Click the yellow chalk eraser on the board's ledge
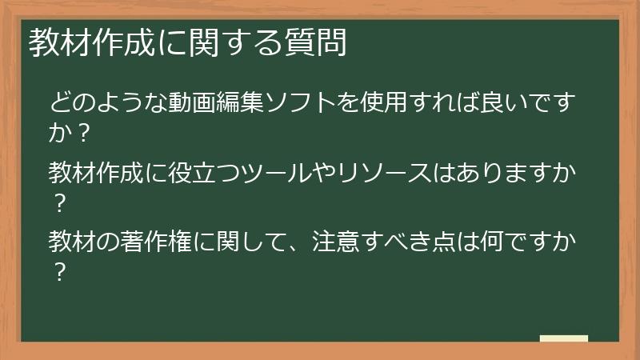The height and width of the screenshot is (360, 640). pos(563,338)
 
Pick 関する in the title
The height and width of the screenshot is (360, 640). pos(242,44)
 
